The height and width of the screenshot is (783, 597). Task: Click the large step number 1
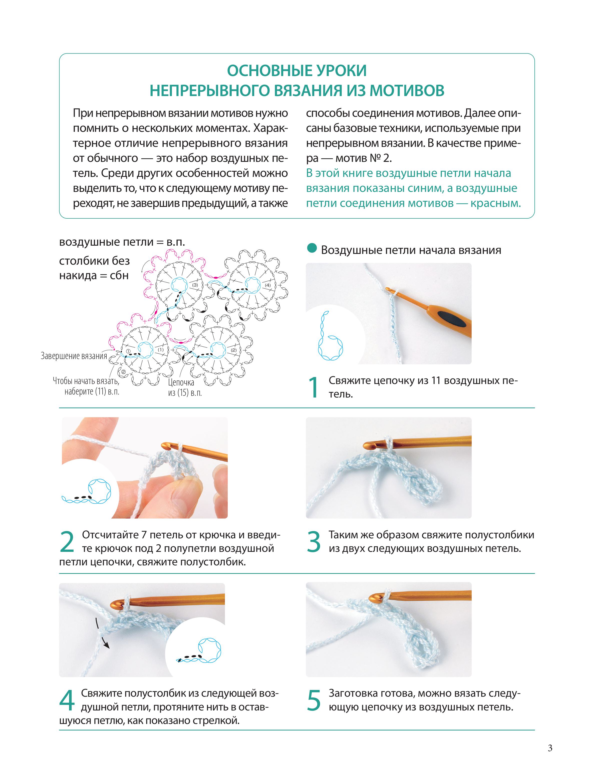[314, 387]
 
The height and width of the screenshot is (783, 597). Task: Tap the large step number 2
[67, 542]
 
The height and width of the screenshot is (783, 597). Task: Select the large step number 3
[314, 542]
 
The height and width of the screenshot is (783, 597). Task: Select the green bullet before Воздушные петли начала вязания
[312, 248]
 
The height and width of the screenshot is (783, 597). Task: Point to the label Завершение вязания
[74, 356]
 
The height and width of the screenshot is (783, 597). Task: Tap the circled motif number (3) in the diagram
[195, 285]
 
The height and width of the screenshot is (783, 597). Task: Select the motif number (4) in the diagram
[267, 285]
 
